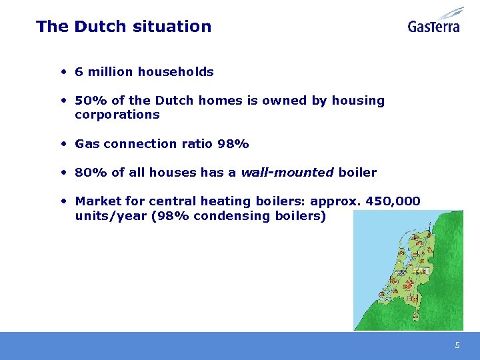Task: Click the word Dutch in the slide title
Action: click(x=101, y=27)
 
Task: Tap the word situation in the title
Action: click(x=172, y=27)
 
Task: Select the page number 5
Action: click(x=457, y=345)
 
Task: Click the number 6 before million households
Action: click(x=79, y=71)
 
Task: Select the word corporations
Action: click(x=117, y=115)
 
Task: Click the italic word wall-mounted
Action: click(x=287, y=173)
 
